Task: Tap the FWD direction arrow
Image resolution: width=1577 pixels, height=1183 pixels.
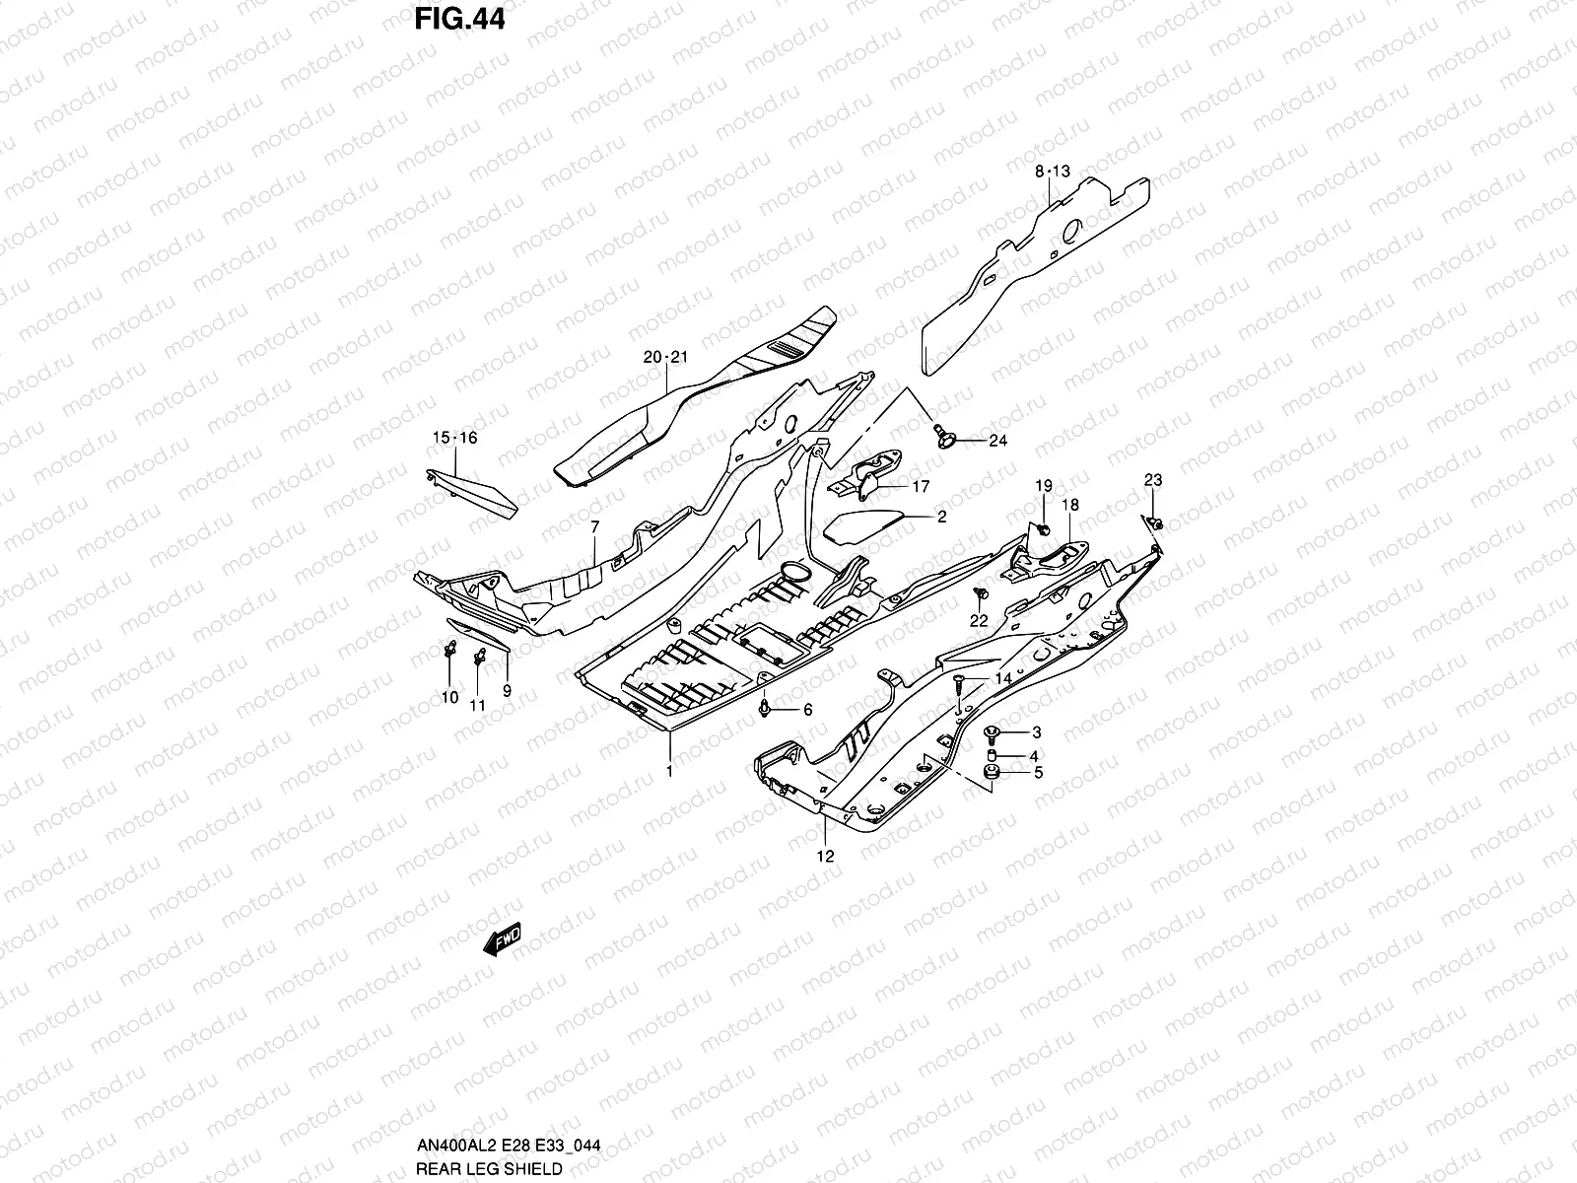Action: click(x=501, y=941)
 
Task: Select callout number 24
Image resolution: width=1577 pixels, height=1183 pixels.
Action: click(x=997, y=441)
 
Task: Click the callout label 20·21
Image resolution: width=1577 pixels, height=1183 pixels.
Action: click(x=664, y=357)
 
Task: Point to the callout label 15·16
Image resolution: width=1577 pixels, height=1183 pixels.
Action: click(x=454, y=438)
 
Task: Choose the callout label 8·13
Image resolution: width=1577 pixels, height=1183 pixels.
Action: click(x=1052, y=172)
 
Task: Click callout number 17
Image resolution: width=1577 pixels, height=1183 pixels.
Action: click(x=921, y=486)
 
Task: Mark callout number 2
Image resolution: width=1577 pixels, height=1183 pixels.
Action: click(x=941, y=517)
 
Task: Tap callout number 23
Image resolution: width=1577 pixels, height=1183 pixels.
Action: click(x=1152, y=480)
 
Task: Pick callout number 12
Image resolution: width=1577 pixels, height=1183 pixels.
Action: click(x=826, y=856)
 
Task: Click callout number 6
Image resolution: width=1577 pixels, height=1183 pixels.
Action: click(x=807, y=710)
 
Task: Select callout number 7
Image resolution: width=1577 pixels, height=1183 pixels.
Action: click(x=595, y=528)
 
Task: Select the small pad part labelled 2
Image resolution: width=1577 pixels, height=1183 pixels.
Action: click(x=863, y=525)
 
